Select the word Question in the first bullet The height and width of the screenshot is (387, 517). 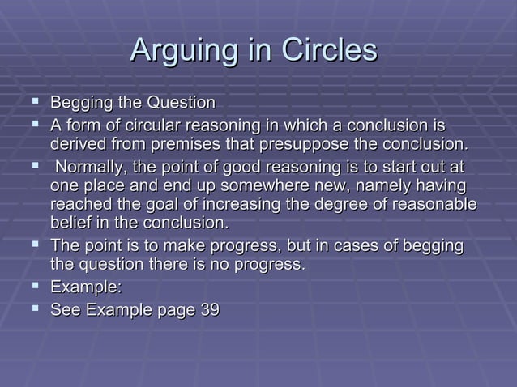click(x=181, y=104)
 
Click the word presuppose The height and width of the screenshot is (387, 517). click(x=288, y=145)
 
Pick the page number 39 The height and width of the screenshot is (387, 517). click(x=209, y=309)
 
